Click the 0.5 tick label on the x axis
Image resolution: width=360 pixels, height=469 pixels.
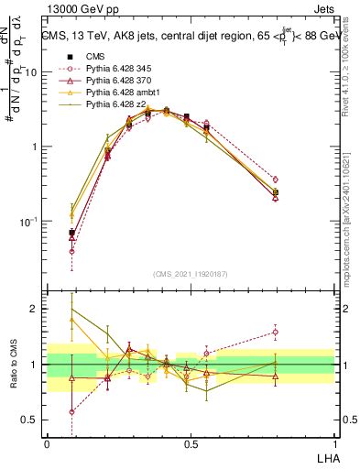click(x=190, y=442)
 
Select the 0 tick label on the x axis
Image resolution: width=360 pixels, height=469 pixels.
click(x=47, y=442)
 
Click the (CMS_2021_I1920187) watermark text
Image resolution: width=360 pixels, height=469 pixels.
click(x=190, y=273)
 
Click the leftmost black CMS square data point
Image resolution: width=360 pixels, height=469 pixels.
click(x=71, y=233)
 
